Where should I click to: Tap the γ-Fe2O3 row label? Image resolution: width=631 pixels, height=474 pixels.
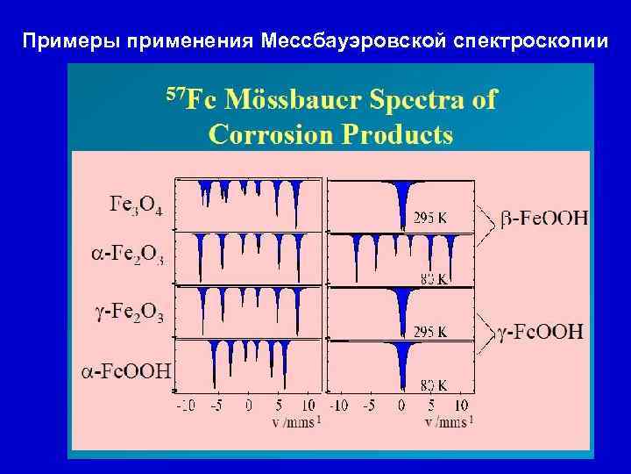coord(129,312)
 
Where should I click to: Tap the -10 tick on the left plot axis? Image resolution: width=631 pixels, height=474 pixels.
coord(186,406)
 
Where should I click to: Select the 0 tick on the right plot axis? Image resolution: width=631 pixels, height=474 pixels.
coord(401,406)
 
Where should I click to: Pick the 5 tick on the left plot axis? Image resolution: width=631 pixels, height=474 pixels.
coord(279,406)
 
